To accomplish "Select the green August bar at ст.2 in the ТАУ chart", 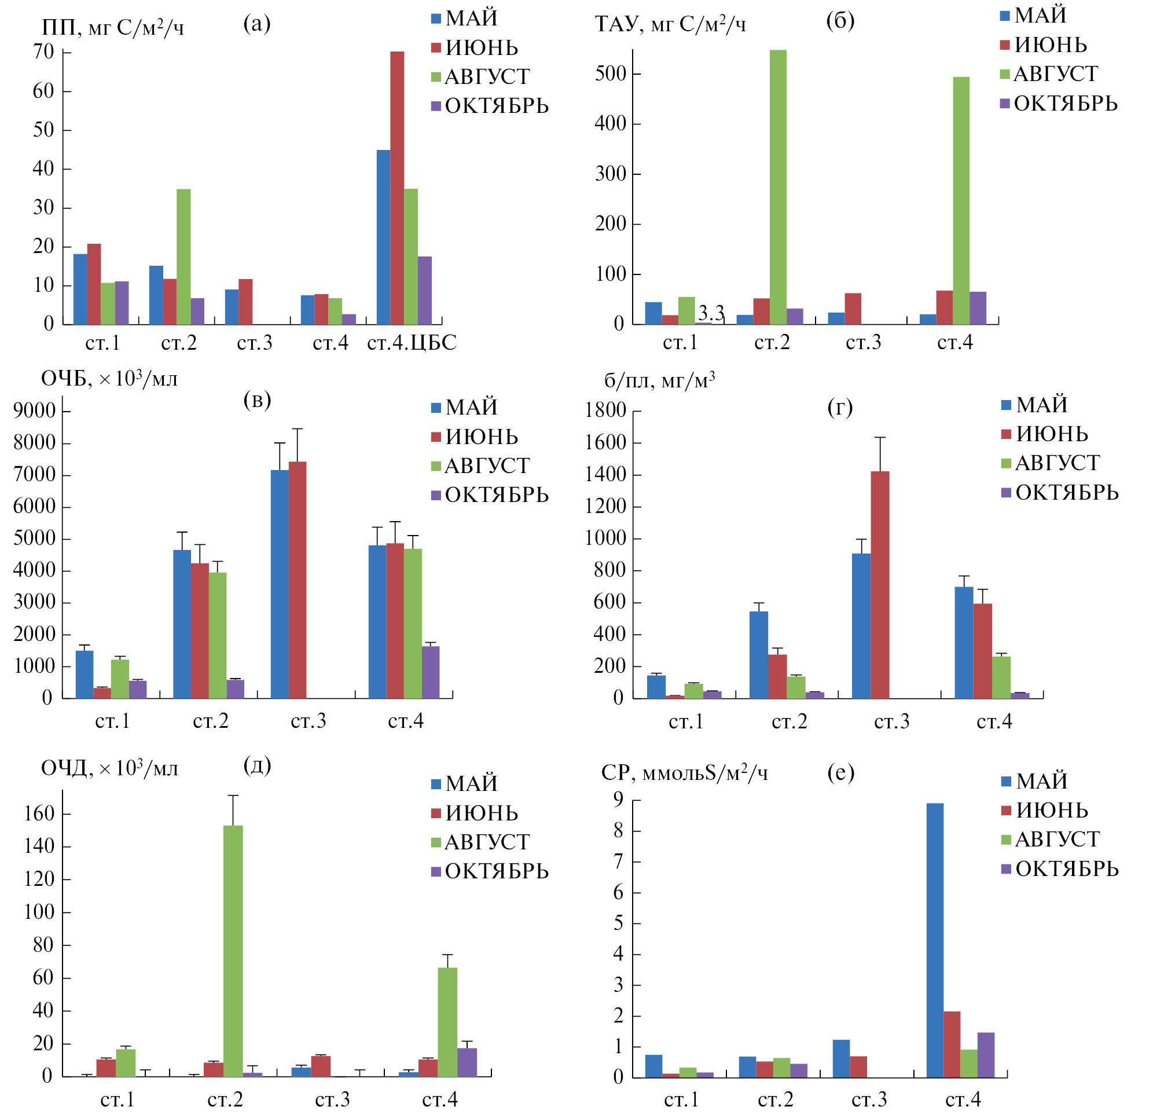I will [x=777, y=187].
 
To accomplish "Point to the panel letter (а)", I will [x=256, y=24].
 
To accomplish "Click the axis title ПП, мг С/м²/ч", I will [x=113, y=27].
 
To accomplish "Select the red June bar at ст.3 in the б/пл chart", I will [x=880, y=584].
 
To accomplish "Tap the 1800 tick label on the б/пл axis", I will [x=605, y=410].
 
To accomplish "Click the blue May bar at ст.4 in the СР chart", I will [x=935, y=940].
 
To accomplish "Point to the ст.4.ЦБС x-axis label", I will [x=412, y=343].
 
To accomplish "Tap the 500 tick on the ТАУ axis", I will [x=610, y=74].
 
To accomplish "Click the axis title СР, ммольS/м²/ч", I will [x=684, y=772].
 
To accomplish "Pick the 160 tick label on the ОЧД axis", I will [x=39, y=813].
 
